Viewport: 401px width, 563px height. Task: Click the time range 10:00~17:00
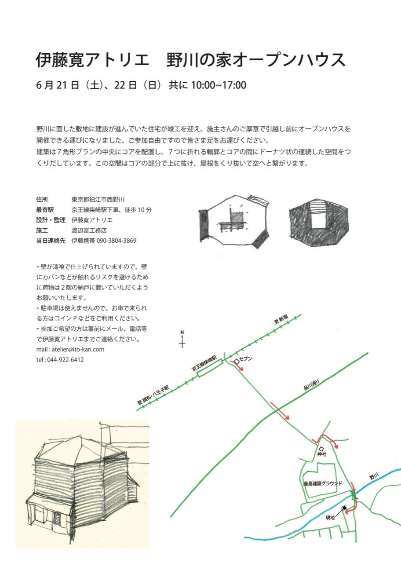coord(219,85)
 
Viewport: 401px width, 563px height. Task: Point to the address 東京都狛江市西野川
coord(101,199)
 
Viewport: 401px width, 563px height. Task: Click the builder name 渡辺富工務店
coord(89,230)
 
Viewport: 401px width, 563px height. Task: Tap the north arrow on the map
coord(182,339)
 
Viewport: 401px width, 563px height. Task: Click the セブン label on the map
coord(246,359)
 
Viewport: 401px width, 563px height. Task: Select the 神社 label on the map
coord(322,454)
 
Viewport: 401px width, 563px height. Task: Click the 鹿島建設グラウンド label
coord(319,483)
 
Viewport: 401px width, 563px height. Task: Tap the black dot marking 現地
coord(344,508)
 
